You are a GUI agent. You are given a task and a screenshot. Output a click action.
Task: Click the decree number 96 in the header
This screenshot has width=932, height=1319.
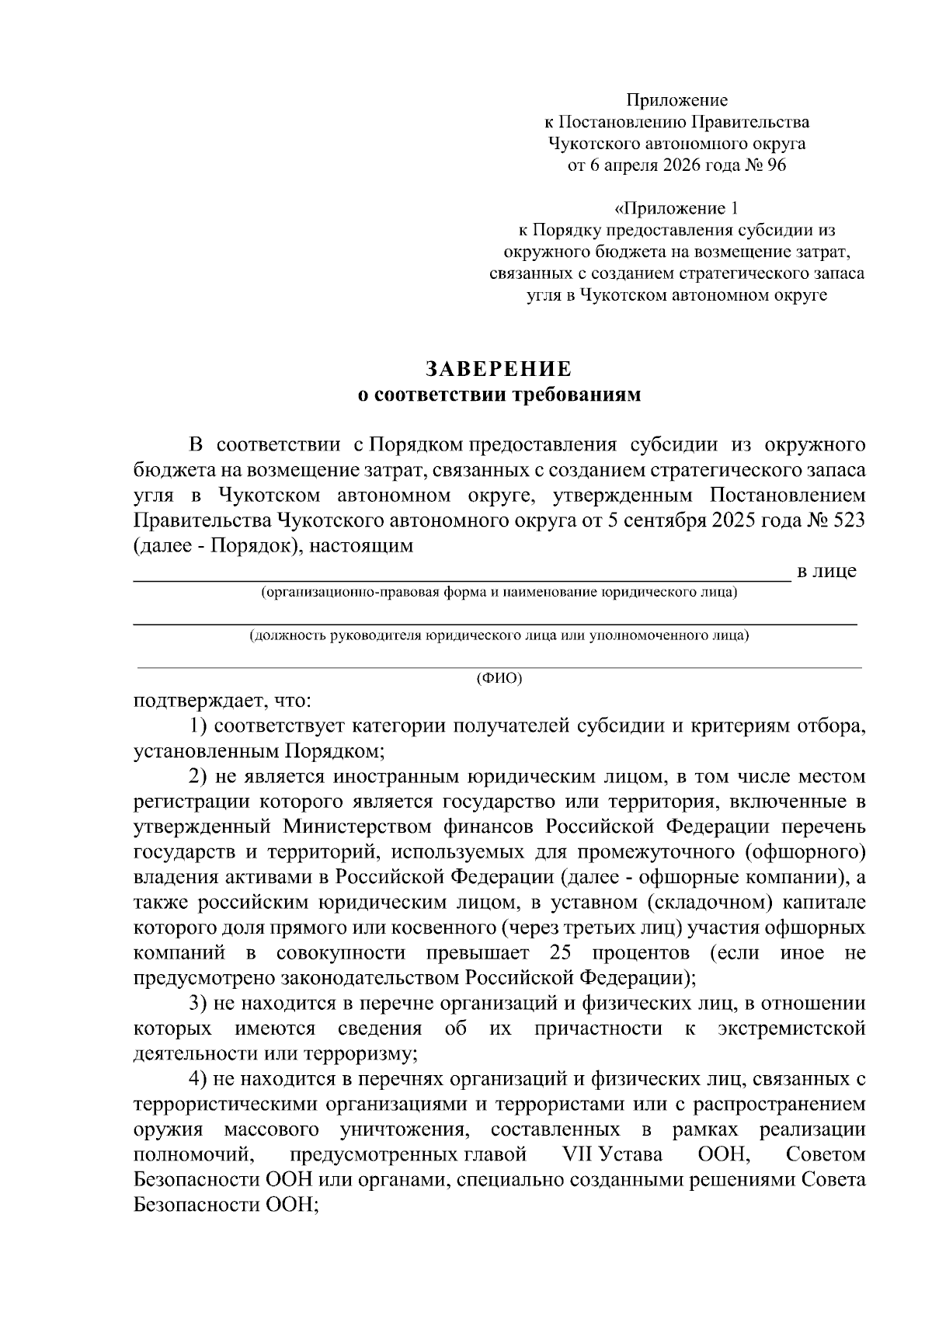(776, 165)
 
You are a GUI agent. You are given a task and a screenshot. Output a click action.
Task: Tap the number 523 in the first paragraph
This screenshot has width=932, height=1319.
(848, 520)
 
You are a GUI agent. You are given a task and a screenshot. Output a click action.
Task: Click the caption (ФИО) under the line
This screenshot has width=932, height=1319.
(499, 678)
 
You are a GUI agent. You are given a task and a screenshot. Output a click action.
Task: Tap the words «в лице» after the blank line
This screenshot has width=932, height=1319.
(827, 571)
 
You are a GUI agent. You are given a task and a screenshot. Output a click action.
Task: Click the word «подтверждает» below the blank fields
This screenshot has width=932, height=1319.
(199, 701)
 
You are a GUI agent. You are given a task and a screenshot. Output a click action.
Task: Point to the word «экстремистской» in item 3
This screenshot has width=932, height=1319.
(791, 1028)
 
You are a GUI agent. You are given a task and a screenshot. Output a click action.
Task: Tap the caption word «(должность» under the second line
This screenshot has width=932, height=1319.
(287, 635)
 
